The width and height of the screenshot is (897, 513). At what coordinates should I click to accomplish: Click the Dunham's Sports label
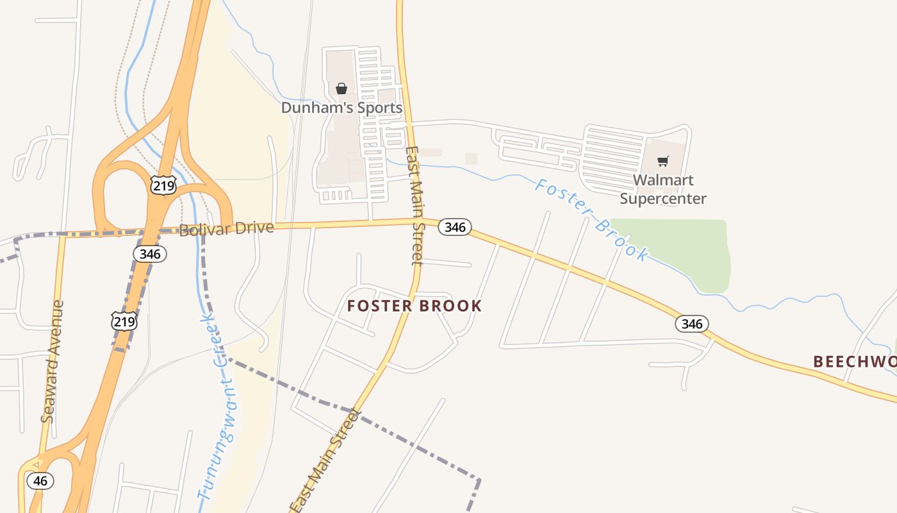point(342,108)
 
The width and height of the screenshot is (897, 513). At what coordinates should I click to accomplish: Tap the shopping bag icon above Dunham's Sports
point(342,88)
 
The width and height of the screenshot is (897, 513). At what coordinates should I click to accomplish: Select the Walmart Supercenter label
point(663,189)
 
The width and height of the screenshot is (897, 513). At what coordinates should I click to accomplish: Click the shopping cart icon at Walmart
point(663,161)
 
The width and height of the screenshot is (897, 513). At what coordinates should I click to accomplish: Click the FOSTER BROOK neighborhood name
point(414,306)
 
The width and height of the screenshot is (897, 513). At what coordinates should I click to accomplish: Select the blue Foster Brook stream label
point(591,220)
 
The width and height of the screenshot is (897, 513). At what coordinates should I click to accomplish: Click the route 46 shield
point(40,481)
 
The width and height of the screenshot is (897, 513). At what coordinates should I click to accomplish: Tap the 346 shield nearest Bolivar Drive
point(150,254)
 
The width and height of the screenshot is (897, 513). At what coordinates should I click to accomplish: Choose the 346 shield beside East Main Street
point(455,227)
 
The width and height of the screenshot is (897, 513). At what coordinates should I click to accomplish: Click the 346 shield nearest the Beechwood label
point(692,324)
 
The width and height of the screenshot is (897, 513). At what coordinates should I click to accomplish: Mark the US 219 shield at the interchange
point(163,185)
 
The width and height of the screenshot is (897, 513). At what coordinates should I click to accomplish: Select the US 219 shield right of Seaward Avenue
point(123,321)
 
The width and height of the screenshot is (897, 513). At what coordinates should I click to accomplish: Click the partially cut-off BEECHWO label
point(855,362)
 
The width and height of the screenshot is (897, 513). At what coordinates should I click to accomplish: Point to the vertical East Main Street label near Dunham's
point(415,205)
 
